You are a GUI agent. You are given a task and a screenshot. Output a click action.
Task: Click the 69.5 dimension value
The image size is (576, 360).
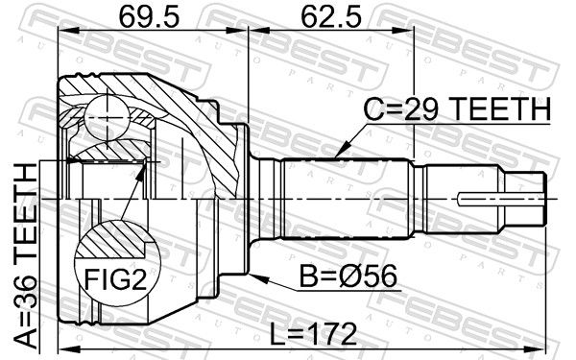[x=149, y=17]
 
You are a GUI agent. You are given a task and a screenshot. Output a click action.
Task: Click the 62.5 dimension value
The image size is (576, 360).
[x=331, y=17]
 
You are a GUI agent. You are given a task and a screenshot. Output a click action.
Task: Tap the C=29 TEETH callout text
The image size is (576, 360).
[x=457, y=109]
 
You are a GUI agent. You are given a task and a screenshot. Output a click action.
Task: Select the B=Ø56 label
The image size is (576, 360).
[x=348, y=276]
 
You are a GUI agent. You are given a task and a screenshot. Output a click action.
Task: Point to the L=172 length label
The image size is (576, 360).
[x=313, y=334]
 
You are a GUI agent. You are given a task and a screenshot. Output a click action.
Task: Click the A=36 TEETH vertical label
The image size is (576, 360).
[x=26, y=256]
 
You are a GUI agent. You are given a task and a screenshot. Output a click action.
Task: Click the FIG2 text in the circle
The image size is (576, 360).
[x=115, y=279]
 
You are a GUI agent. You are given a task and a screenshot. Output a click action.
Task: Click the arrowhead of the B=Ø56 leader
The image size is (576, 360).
[x=258, y=277]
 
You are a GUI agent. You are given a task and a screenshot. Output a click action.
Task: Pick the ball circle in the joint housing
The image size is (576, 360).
[x=107, y=117]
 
